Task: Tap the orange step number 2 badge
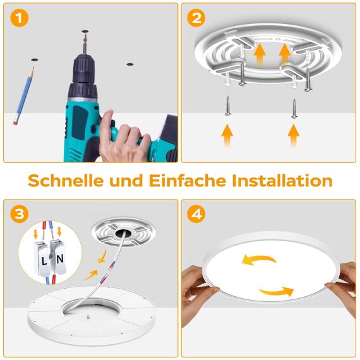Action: point(196,19)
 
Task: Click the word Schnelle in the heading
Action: point(67,181)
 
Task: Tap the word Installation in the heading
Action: point(282,181)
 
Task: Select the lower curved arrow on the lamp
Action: point(277,291)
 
